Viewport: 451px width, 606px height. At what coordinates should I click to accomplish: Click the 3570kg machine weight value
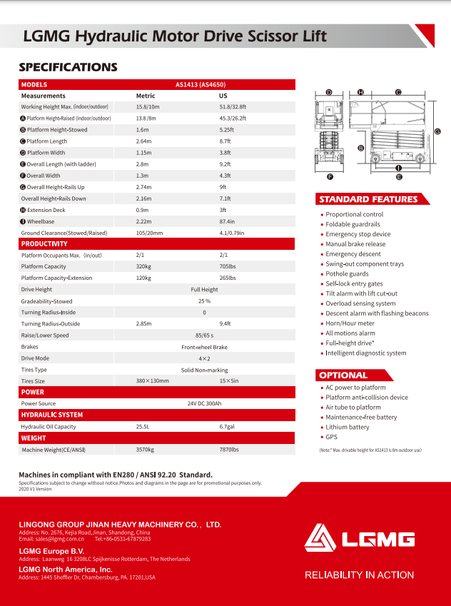pyautogui.click(x=145, y=450)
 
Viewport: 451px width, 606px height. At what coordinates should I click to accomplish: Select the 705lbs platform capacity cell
pyautogui.click(x=228, y=266)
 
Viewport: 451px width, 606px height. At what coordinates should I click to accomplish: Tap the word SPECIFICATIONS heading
pyautogui.click(x=68, y=68)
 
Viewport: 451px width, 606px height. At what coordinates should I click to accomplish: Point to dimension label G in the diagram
pyautogui.click(x=437, y=131)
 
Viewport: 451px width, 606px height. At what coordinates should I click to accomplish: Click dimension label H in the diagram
pyautogui.click(x=361, y=92)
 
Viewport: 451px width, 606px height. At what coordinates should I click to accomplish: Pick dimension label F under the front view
pyautogui.click(x=330, y=176)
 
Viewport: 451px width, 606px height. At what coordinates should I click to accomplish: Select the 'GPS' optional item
pyautogui.click(x=332, y=437)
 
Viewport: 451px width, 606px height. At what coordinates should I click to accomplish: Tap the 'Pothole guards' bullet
pyautogui.click(x=347, y=273)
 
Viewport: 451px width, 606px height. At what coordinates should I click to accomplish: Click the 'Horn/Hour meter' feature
pyautogui.click(x=350, y=323)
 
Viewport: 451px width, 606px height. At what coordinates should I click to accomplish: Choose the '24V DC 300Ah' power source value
pyautogui.click(x=204, y=403)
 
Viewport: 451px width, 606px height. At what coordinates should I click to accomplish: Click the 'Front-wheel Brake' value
pyautogui.click(x=204, y=347)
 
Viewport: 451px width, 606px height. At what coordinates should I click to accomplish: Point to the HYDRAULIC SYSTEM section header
pyautogui.click(x=52, y=415)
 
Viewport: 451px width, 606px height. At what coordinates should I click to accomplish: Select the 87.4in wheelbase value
pyautogui.click(x=229, y=221)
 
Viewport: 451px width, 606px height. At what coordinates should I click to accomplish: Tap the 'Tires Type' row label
pyautogui.click(x=34, y=370)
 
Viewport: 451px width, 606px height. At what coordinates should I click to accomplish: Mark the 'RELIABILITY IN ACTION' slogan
pyautogui.click(x=359, y=575)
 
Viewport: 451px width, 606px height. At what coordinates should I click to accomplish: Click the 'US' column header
pyautogui.click(x=223, y=96)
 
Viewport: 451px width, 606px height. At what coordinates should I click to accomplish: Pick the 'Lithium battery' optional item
pyautogui.click(x=348, y=427)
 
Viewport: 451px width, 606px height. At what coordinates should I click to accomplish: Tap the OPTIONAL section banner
pyautogui.click(x=344, y=375)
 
